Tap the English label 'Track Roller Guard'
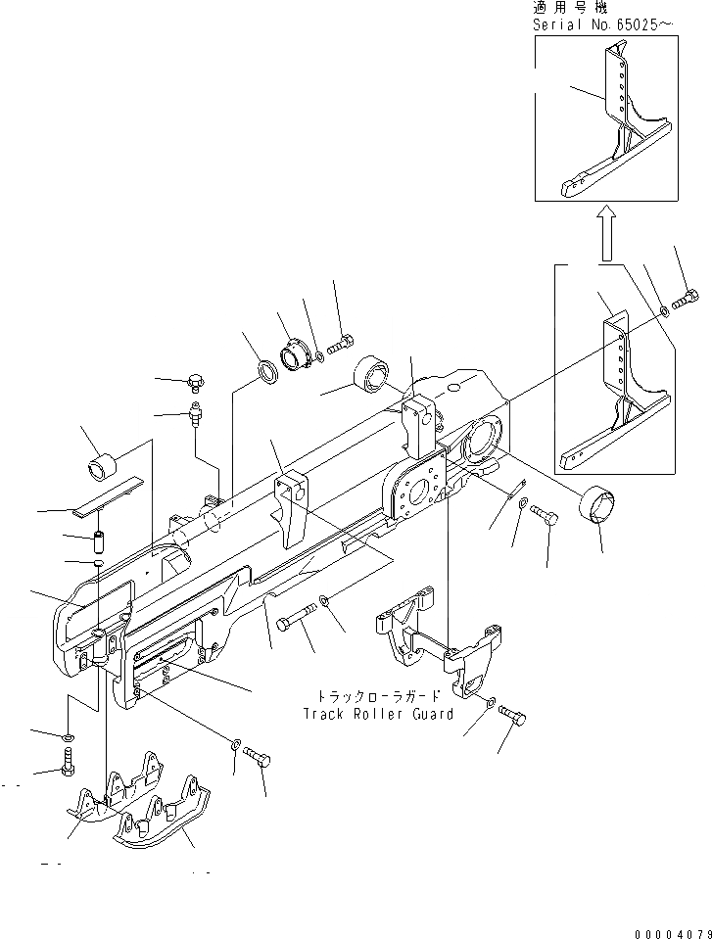[x=378, y=714]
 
